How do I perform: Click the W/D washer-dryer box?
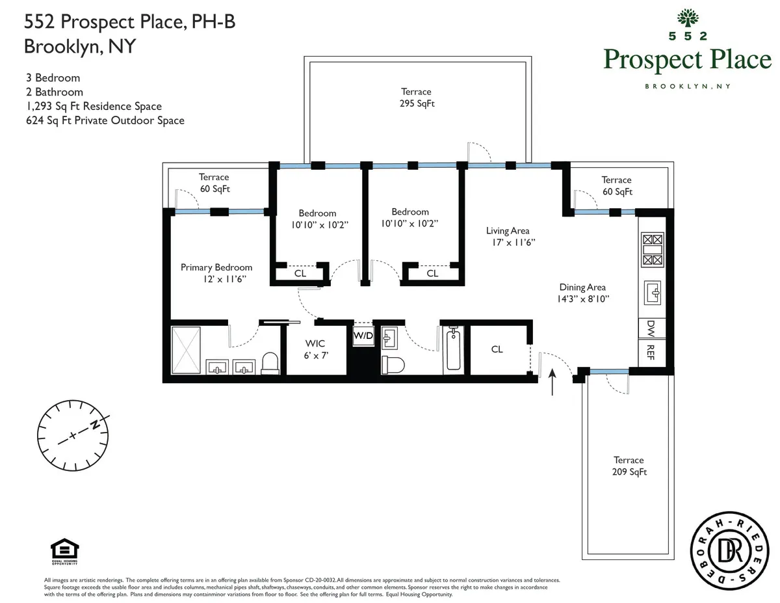point(363,336)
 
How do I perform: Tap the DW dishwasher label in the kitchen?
point(651,328)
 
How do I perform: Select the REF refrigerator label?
point(651,353)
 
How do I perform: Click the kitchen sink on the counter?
point(652,291)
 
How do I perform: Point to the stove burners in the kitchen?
point(652,250)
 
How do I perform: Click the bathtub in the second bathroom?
point(454,351)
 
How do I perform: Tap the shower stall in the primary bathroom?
point(188,350)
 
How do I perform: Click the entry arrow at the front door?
point(553,382)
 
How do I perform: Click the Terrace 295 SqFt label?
point(416,98)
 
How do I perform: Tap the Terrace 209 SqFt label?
point(629,466)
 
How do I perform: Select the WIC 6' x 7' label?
point(315,349)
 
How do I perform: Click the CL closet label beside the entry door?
point(497,349)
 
